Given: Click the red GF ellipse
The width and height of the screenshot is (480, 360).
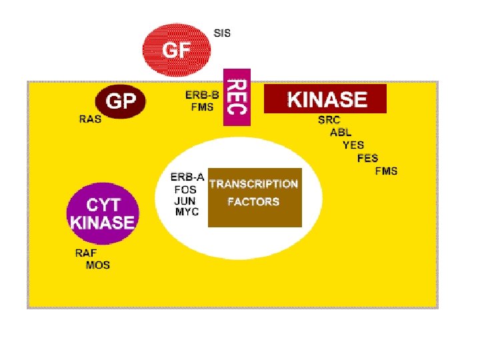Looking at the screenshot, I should tap(177, 48).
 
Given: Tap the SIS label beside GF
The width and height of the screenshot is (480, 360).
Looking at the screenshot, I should tap(222, 32).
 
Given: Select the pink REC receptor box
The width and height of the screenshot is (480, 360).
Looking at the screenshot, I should tap(236, 96).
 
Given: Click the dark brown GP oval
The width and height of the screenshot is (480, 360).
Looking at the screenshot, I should tap(121, 101).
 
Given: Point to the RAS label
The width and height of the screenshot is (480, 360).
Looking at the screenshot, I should tap(91, 120).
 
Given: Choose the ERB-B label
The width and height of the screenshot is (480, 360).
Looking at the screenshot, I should tap(202, 95).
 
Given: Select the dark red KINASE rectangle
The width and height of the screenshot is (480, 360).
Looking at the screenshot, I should tap(325, 99).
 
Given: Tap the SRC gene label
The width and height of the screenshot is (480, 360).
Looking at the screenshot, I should tap(329, 121).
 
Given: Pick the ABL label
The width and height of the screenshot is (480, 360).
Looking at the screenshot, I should tap(341, 133).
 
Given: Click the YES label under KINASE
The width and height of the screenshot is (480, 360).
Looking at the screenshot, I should tap(353, 145).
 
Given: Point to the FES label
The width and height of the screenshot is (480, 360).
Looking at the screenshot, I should tap(368, 158).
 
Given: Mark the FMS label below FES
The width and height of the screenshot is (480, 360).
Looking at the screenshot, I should tap(386, 171).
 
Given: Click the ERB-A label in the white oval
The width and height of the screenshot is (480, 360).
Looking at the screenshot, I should tap(187, 177).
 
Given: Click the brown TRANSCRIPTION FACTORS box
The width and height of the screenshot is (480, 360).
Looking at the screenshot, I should tap(255, 197).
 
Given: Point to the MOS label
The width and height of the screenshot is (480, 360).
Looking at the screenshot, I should tap(98, 265).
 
